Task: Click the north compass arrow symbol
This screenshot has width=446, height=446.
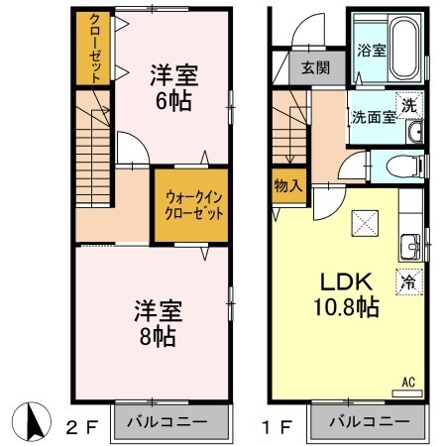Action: (32, 422)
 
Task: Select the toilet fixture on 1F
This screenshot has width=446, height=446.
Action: (404, 166)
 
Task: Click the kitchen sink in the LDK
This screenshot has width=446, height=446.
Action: (410, 247)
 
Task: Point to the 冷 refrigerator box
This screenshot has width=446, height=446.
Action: (409, 282)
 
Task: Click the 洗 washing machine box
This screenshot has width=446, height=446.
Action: (409, 105)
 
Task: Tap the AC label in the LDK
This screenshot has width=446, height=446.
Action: (408, 383)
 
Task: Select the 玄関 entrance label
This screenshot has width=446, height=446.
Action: (315, 68)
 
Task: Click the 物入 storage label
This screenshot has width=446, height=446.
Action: (288, 186)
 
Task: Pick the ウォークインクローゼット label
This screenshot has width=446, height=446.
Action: (194, 206)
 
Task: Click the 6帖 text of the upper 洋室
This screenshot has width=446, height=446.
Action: (173, 101)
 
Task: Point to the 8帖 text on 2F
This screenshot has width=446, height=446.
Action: (158, 336)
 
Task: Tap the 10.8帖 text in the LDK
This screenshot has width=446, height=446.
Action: (346, 307)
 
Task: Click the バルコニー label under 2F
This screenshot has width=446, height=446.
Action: (167, 422)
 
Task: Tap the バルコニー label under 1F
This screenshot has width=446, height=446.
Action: (370, 422)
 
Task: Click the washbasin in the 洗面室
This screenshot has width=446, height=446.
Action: (414, 132)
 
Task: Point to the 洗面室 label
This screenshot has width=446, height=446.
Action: (374, 117)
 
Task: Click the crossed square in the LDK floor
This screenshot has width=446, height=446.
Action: (365, 223)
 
